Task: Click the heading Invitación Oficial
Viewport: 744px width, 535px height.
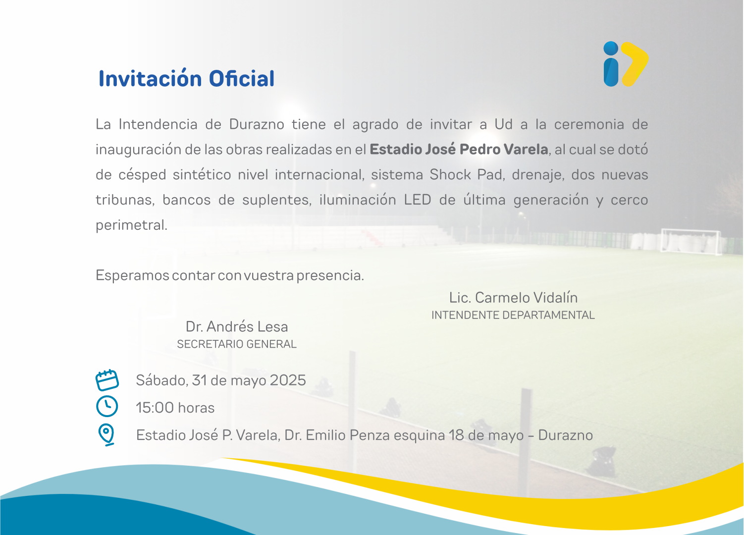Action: pos(186,78)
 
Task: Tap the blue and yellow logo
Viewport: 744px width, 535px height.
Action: pos(626,64)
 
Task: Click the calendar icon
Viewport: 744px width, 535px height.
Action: pos(107,380)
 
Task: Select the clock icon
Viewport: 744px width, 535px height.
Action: pos(107,406)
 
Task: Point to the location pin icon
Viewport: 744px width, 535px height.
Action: pos(106,434)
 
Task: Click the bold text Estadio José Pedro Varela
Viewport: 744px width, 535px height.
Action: pos(459,150)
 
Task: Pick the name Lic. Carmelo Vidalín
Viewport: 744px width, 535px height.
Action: pos(513,298)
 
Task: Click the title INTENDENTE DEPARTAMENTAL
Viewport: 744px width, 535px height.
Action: pos(513,315)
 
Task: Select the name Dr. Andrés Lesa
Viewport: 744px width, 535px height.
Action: pos(236,326)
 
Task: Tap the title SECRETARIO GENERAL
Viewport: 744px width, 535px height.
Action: pos(236,344)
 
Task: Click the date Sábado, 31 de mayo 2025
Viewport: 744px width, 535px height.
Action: pos(221,380)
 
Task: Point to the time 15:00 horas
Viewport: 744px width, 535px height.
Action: pos(175,408)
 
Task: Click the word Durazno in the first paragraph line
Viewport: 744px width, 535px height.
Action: pos(257,124)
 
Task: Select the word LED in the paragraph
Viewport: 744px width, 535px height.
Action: pos(418,200)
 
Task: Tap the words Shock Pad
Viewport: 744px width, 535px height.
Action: pos(466,175)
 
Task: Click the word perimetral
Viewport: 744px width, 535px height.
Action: pos(132,225)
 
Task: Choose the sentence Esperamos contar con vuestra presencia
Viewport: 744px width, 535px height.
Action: pos(230,275)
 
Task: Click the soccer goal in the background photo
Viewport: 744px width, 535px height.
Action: pos(691,242)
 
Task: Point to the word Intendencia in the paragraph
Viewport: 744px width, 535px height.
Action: pos(158,124)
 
